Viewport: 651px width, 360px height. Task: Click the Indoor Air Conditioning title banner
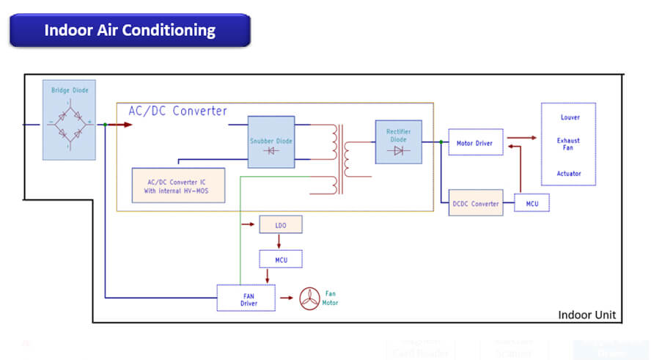tap(130, 31)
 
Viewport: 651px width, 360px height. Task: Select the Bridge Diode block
tap(69, 120)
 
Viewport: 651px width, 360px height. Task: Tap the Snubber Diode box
tap(271, 142)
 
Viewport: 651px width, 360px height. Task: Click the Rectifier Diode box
tap(398, 142)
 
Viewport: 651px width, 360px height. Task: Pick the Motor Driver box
tap(475, 143)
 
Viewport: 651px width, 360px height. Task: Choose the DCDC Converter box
tap(475, 203)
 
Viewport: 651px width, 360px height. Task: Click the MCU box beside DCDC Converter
tap(532, 203)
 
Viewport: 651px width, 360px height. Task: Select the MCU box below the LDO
tap(280, 259)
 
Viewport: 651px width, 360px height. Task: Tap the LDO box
tap(280, 225)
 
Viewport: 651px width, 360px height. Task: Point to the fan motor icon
tap(312, 298)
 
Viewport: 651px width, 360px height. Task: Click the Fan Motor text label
tap(331, 298)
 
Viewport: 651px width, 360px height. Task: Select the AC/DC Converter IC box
tap(178, 185)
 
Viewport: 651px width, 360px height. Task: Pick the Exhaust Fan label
tap(568, 144)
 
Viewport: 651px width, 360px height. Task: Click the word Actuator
tap(568, 174)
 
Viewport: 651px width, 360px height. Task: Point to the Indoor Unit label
tap(586, 315)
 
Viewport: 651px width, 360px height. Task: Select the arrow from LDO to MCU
tap(279, 241)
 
